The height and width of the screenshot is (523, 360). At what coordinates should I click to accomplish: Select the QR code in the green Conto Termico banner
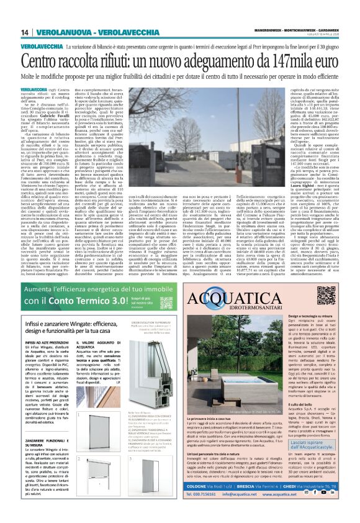pyautogui.click(x=168, y=303)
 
